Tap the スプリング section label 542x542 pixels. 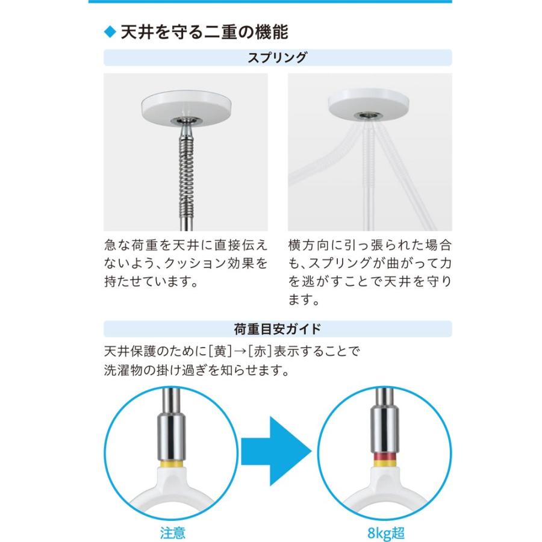(x=278, y=58)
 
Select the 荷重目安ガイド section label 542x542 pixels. (x=278, y=329)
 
